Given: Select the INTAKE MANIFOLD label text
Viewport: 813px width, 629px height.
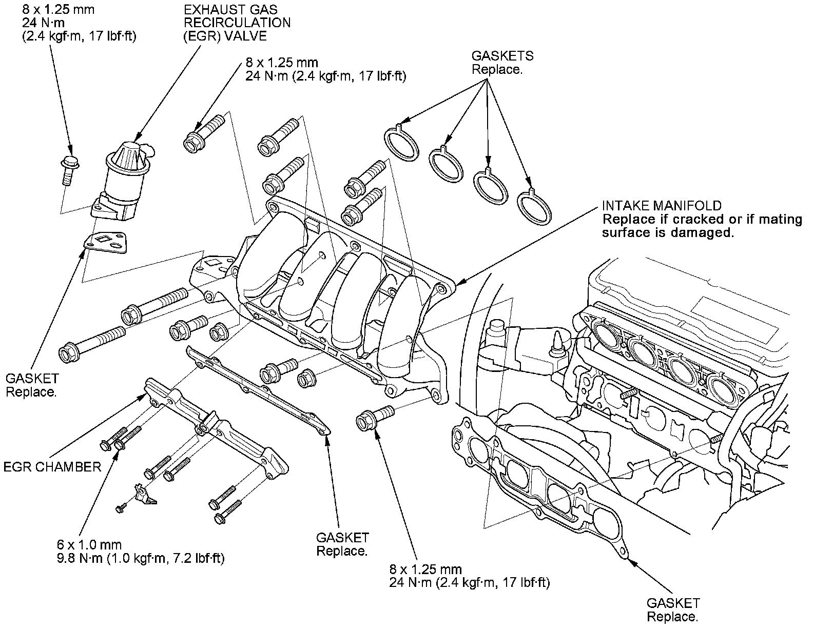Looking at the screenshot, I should [662, 206].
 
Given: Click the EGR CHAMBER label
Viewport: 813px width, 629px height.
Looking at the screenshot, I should [52, 467].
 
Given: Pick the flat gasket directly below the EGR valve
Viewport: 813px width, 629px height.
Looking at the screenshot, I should [107, 242].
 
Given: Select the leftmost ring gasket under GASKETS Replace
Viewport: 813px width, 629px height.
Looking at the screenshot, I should [401, 140].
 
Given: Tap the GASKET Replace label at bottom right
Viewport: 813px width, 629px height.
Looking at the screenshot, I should [673, 610].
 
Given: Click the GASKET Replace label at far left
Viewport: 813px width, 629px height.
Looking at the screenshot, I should [32, 385].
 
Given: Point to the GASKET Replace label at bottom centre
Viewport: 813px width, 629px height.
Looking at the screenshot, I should [342, 544].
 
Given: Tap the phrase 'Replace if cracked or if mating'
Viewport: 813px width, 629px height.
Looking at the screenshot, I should [702, 220].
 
